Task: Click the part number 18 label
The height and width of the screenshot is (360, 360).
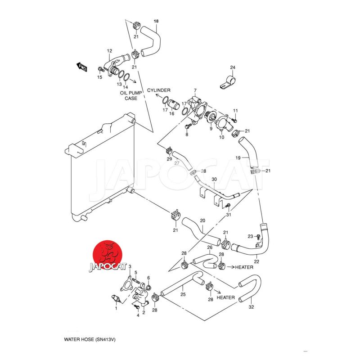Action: coord(156,22)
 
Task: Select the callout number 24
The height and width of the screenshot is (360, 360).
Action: coord(233,68)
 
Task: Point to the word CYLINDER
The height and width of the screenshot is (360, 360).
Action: coord(159,90)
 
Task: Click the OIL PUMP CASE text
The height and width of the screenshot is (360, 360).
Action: coord(131,95)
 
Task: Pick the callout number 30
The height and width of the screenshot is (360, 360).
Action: coord(214,180)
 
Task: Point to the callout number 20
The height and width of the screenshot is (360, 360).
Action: coord(202,221)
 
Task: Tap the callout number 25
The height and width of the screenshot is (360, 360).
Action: coord(183,295)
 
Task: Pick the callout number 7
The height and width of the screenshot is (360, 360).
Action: coord(195,90)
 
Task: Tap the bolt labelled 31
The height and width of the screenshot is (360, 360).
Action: coord(227,206)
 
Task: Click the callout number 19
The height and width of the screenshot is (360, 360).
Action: coord(239,158)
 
